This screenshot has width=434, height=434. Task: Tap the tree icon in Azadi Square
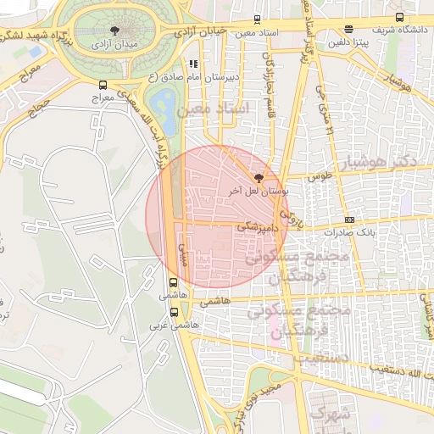pos(111,27)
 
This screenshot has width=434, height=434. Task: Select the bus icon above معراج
pos(103,85)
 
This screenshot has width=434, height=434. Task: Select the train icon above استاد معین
pos(257,19)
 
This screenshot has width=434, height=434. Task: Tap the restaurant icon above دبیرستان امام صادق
pos(193,64)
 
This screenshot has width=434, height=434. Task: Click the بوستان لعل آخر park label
pos(259,192)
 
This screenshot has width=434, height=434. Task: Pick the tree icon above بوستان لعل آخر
pos(259,178)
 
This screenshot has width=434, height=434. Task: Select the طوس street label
pos(317,177)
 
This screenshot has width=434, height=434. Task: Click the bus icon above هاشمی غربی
pos(174,311)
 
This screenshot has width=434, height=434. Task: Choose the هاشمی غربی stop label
pos(174,325)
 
